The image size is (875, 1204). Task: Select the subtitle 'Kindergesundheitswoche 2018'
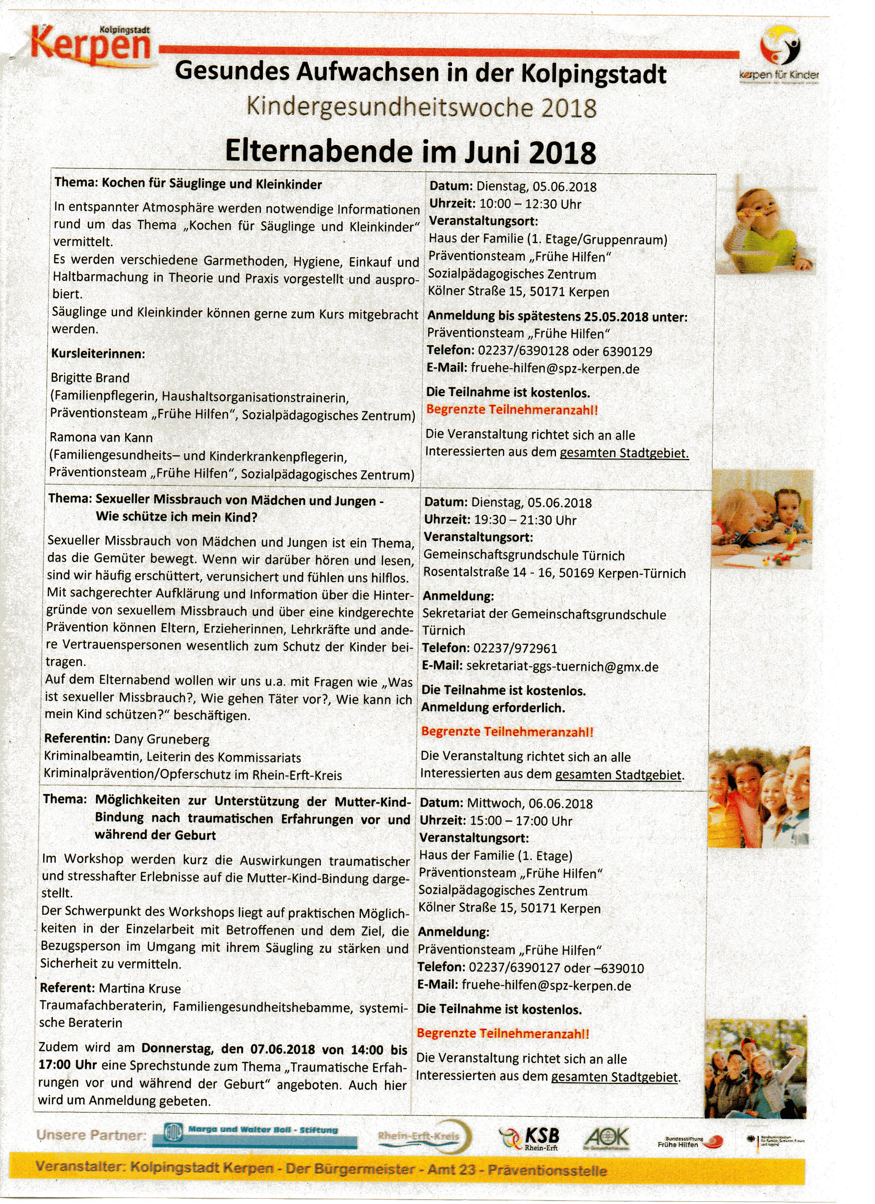coord(421,108)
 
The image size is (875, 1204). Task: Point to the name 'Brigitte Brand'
coord(90,378)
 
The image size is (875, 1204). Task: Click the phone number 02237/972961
coord(515,649)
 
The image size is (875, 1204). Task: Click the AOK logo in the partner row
coord(606,1139)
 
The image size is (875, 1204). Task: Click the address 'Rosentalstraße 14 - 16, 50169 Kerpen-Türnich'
coord(554,573)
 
